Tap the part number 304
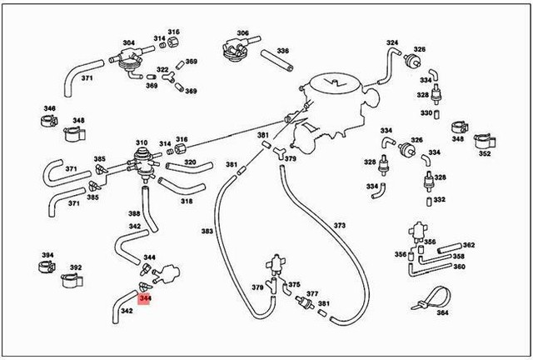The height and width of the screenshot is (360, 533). pyautogui.click(x=128, y=42)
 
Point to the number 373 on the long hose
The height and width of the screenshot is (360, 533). pyautogui.click(x=339, y=226)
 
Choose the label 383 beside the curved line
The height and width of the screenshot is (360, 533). pyautogui.click(x=207, y=231)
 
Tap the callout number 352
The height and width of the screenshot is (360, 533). pyautogui.click(x=485, y=153)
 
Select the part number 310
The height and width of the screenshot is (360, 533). pyautogui.click(x=142, y=142)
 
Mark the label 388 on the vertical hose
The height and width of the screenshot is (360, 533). pyautogui.click(x=134, y=213)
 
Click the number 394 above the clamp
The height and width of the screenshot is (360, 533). pyautogui.click(x=47, y=255)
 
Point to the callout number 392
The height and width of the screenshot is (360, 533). pyautogui.click(x=76, y=268)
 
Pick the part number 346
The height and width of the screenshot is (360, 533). pyautogui.click(x=49, y=108)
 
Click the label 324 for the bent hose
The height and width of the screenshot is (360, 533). pyautogui.click(x=392, y=42)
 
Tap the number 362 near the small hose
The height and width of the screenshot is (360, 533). pyautogui.click(x=469, y=245)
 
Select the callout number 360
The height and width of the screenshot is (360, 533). pyautogui.click(x=459, y=267)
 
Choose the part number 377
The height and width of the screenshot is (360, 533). pyautogui.click(x=311, y=294)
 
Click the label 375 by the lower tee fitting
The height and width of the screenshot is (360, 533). pyautogui.click(x=294, y=284)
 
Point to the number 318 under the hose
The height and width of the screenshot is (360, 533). pyautogui.click(x=187, y=201)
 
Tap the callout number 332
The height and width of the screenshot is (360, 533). pyautogui.click(x=440, y=200)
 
